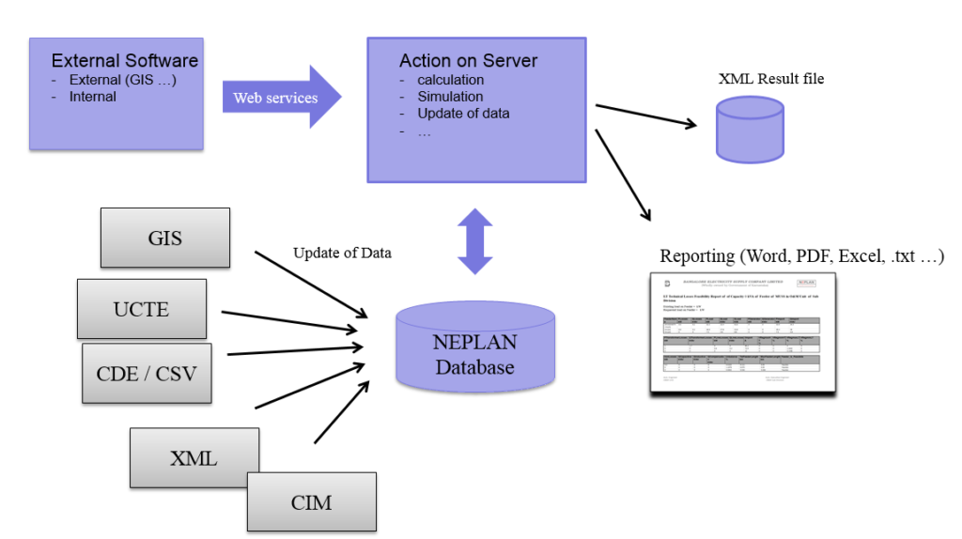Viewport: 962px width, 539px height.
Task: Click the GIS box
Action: click(165, 237)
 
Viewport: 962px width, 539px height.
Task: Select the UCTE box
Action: click(142, 308)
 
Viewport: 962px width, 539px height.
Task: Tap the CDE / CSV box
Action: click(147, 373)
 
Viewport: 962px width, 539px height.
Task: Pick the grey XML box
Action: click(194, 457)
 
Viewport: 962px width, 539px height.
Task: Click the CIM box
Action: click(311, 501)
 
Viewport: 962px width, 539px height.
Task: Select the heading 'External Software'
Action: click(124, 61)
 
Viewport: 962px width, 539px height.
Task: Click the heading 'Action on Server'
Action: click(468, 61)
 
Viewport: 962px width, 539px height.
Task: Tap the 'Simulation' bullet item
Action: click(450, 97)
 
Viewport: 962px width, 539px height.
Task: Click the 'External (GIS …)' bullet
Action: click(122, 80)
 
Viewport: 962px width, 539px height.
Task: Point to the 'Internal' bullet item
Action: click(93, 97)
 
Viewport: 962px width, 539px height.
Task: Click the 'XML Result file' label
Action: click(770, 79)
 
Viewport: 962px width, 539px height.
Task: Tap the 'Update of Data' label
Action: click(342, 253)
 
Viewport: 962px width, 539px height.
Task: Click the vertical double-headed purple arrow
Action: click(475, 241)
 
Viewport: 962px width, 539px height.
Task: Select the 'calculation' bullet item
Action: click(450, 80)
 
